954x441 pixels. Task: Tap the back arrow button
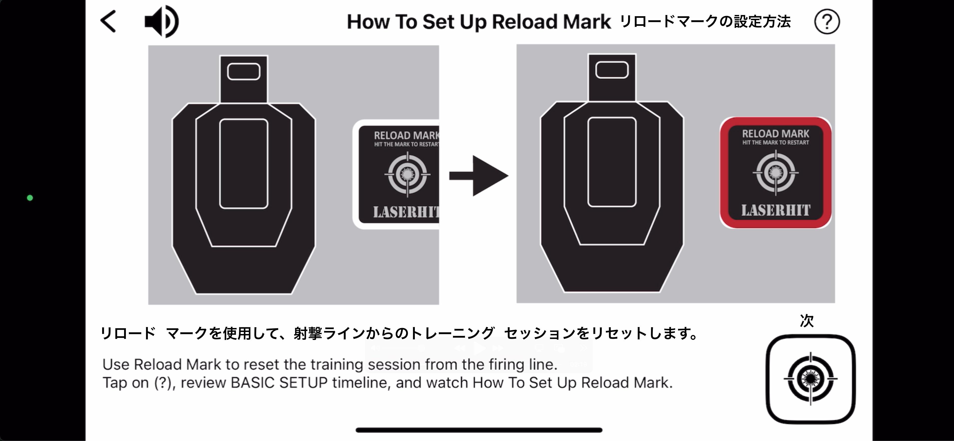[x=108, y=21]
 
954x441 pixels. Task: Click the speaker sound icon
[x=162, y=21]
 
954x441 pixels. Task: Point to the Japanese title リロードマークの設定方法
[x=705, y=21]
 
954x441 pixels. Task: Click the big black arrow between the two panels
[x=478, y=176]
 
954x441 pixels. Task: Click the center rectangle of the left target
[x=244, y=164]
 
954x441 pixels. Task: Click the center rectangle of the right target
[x=612, y=162]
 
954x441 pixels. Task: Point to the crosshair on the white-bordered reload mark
[x=407, y=174]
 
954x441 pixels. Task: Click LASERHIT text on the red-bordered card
[x=775, y=210]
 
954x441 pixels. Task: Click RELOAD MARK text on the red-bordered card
[x=775, y=133]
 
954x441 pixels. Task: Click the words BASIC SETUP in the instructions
[x=279, y=383]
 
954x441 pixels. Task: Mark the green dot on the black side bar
[x=30, y=198]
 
